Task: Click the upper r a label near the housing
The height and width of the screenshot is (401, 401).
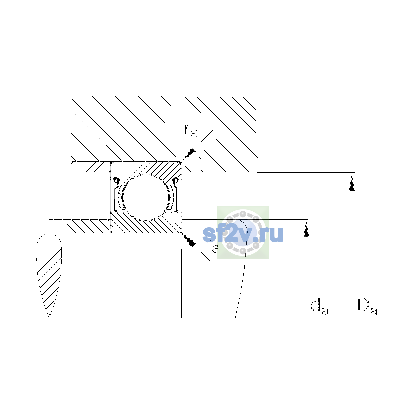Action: coord(191,131)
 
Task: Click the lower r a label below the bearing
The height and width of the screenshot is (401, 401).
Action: coord(213,246)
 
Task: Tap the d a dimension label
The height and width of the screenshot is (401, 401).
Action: coord(319,308)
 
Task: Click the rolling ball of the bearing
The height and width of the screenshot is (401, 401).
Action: coord(146,197)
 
